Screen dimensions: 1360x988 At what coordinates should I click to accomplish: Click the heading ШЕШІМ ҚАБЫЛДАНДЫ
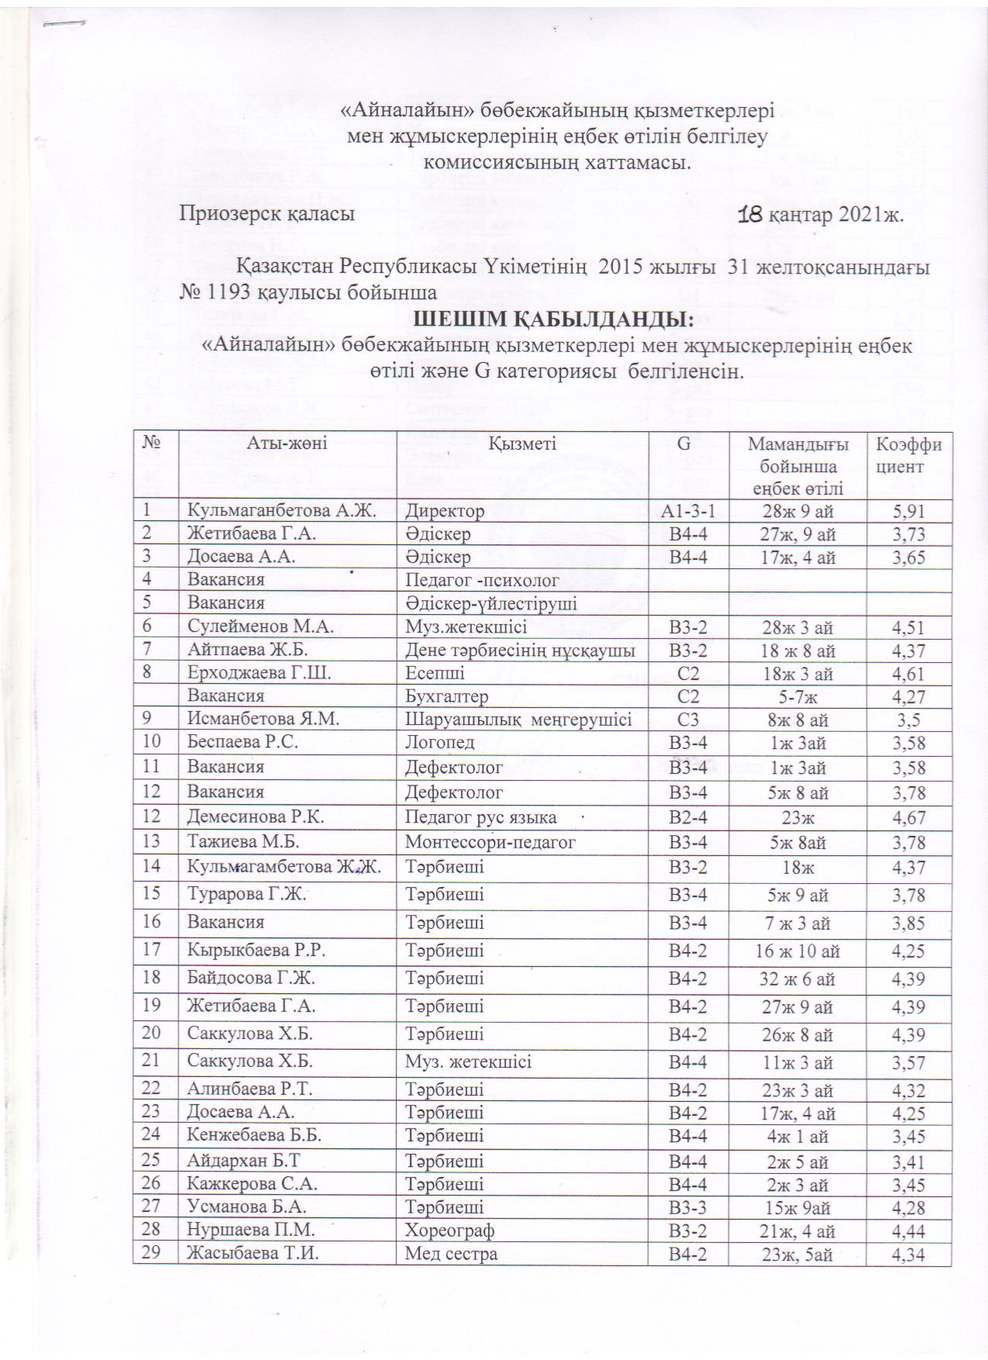click(x=554, y=319)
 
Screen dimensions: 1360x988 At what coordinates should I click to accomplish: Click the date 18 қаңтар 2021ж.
click(x=821, y=214)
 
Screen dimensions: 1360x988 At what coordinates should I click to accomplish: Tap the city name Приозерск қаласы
click(x=267, y=214)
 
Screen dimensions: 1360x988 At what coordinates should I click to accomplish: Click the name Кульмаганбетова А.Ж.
click(x=282, y=511)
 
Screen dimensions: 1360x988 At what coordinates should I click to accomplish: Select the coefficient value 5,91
click(x=909, y=511)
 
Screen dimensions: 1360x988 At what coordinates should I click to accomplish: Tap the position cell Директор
click(x=446, y=511)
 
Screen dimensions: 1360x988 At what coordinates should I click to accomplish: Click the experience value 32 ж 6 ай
click(x=797, y=979)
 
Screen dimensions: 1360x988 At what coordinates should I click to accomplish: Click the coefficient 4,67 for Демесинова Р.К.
click(x=909, y=817)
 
